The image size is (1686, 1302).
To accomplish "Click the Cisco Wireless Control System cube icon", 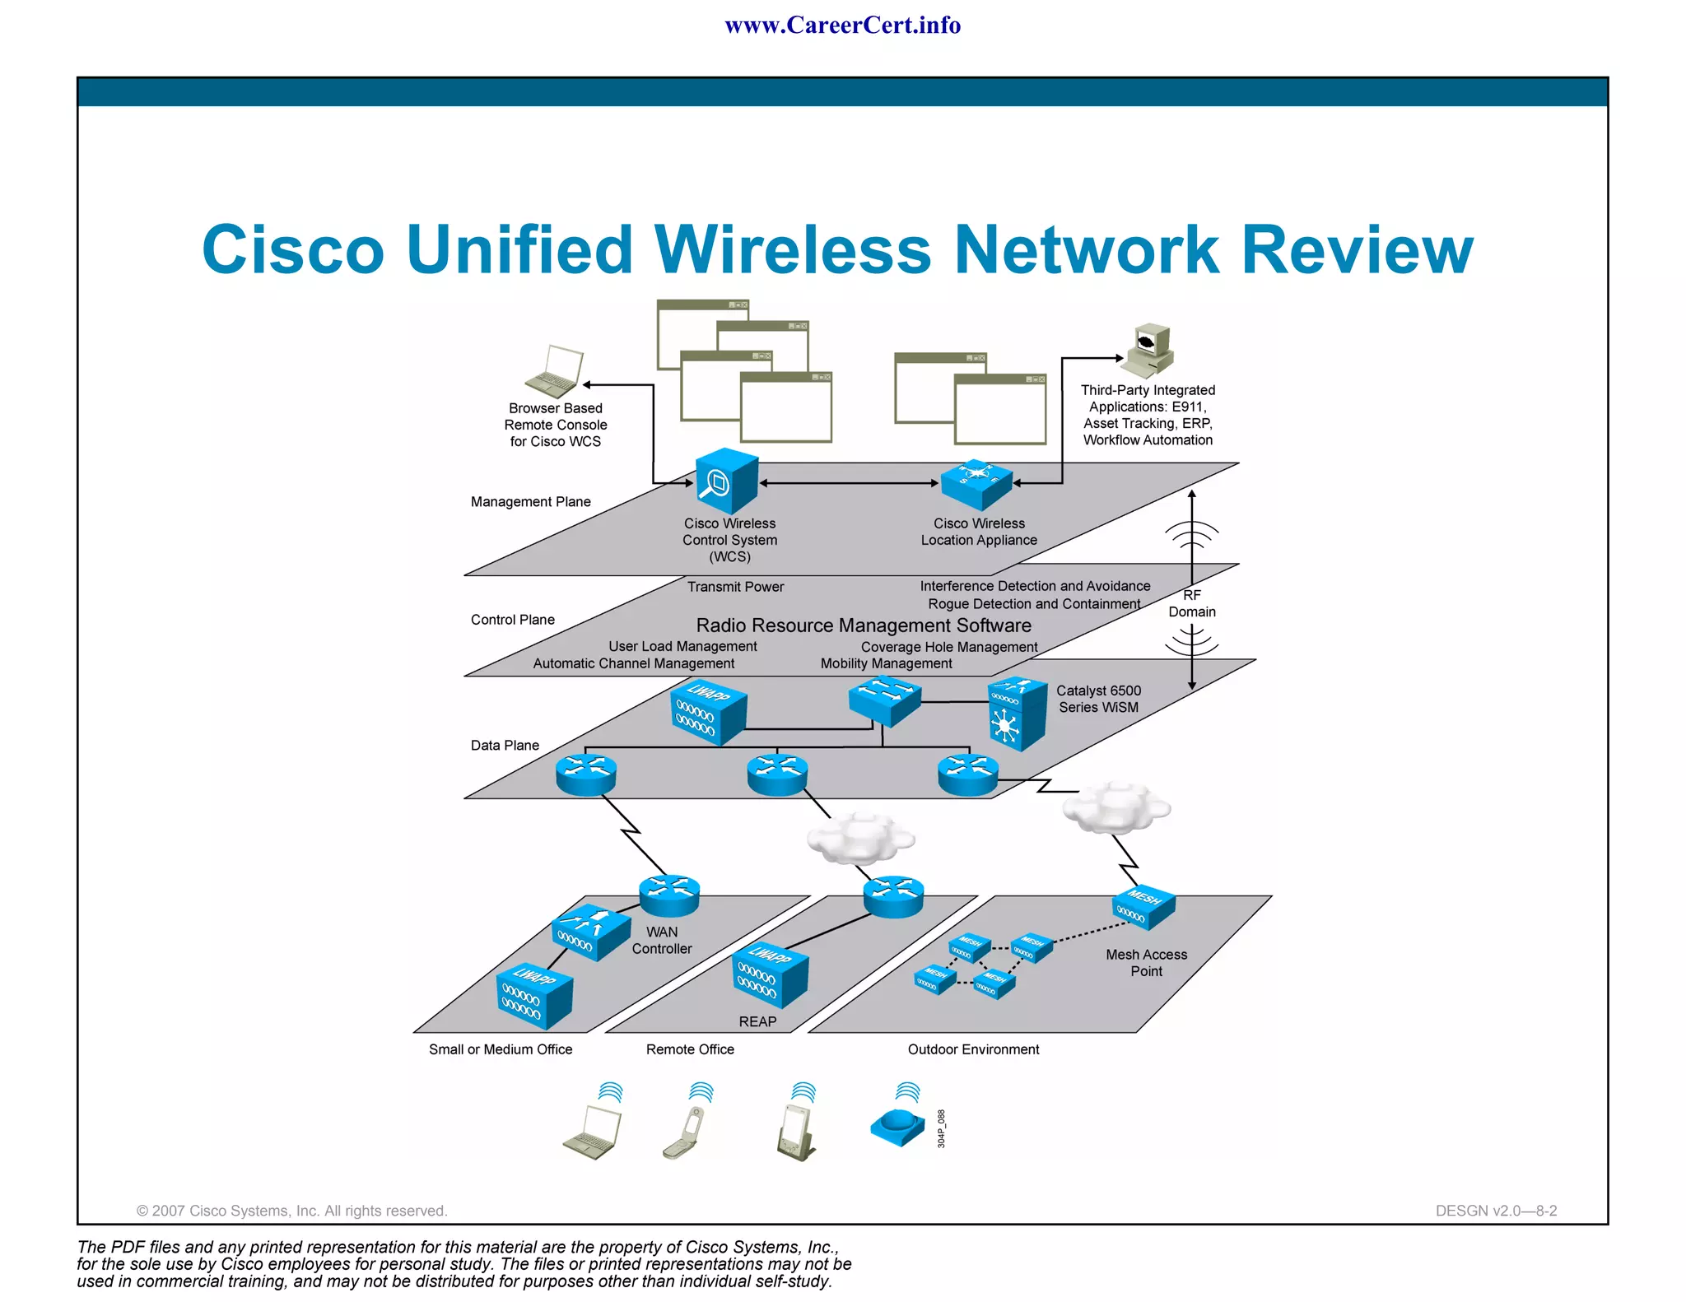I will coord(726,481).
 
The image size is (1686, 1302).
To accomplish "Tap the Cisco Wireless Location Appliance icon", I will coord(976,485).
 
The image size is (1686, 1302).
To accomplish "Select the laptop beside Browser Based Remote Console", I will coord(555,372).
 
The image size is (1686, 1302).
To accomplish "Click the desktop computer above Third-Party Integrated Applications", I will coord(1150,350).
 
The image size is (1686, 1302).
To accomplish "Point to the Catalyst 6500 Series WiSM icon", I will coord(1017,714).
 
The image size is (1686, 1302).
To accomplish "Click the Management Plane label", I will coord(530,502).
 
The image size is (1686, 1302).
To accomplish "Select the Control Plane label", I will coord(512,620).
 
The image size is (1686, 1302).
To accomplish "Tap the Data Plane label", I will coord(505,746).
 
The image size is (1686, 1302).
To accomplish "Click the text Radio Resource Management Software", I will coord(863,625).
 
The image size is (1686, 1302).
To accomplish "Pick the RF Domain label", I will coord(1191,603).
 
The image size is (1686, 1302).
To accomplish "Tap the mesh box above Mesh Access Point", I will coord(1143,907).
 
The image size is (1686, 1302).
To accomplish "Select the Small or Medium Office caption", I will coord(500,1049).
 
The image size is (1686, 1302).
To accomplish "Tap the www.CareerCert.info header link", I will coord(842,26).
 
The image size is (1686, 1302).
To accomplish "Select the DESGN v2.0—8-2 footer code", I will coord(1496,1211).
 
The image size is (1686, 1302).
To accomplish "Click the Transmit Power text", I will coord(735,587).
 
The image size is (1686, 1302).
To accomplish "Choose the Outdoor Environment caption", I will coord(973,1049).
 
